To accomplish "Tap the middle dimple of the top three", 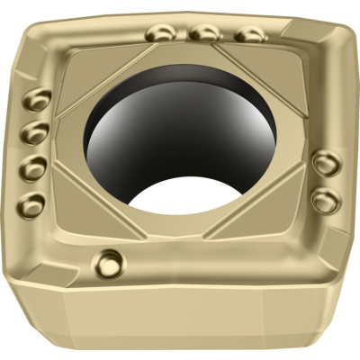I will point(205,31).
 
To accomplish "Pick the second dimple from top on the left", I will point(34,132).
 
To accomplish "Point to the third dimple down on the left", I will point(32,166).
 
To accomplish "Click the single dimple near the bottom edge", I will point(110,263).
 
